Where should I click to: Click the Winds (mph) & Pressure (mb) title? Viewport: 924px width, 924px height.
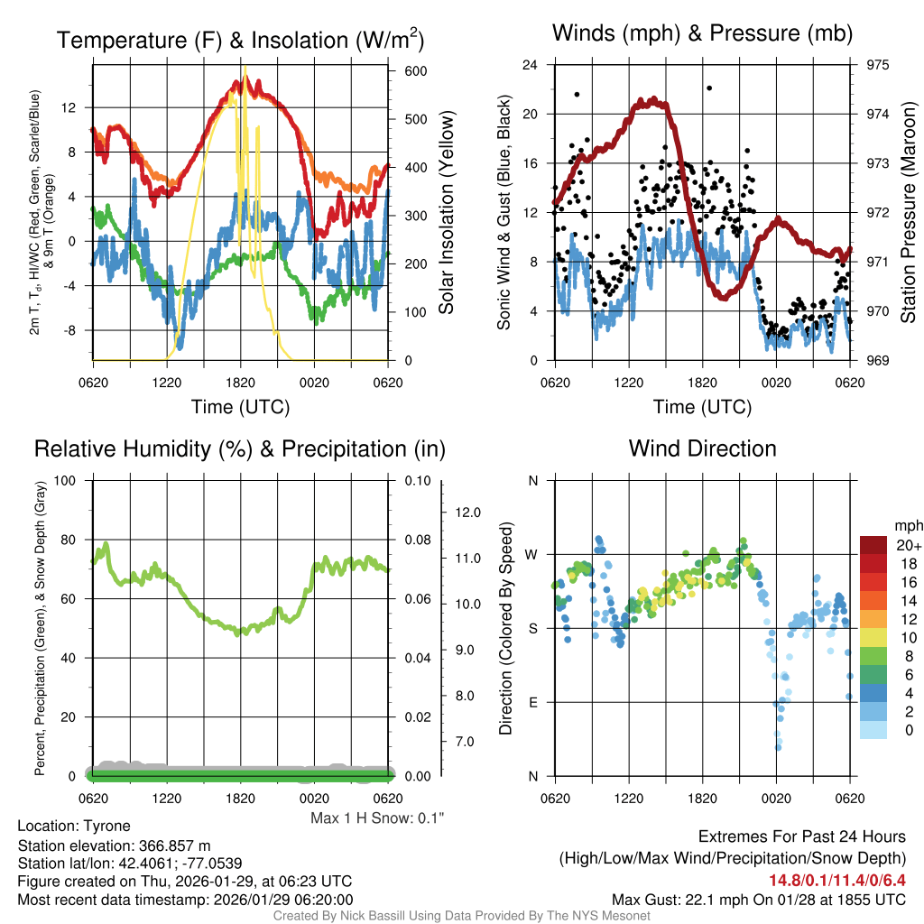click(x=702, y=33)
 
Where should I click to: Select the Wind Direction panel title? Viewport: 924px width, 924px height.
click(x=702, y=448)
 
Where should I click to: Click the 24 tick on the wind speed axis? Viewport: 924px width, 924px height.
click(x=531, y=65)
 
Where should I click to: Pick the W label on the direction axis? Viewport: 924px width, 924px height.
click(x=532, y=554)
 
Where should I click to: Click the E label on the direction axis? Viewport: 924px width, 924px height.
click(x=532, y=702)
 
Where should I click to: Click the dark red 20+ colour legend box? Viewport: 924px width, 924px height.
click(x=874, y=545)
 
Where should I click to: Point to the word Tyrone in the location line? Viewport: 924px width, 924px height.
click(x=106, y=826)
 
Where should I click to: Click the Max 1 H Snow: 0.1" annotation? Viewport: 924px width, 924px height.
click(x=377, y=818)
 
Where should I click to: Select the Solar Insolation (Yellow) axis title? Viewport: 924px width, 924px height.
click(x=447, y=213)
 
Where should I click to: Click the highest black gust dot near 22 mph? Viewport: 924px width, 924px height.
click(x=709, y=88)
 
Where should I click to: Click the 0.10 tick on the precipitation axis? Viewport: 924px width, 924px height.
click(x=417, y=480)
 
